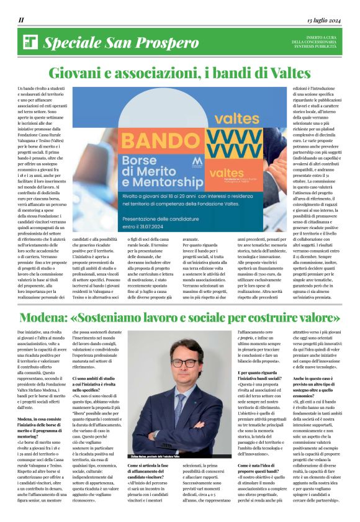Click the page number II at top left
point(21,20)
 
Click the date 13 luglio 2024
point(323,20)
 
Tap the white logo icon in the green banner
point(30,42)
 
